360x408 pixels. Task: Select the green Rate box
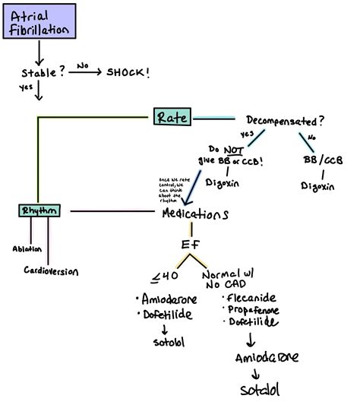coord(173,117)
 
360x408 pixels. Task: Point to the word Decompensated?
coord(284,119)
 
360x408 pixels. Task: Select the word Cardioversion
coord(51,271)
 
